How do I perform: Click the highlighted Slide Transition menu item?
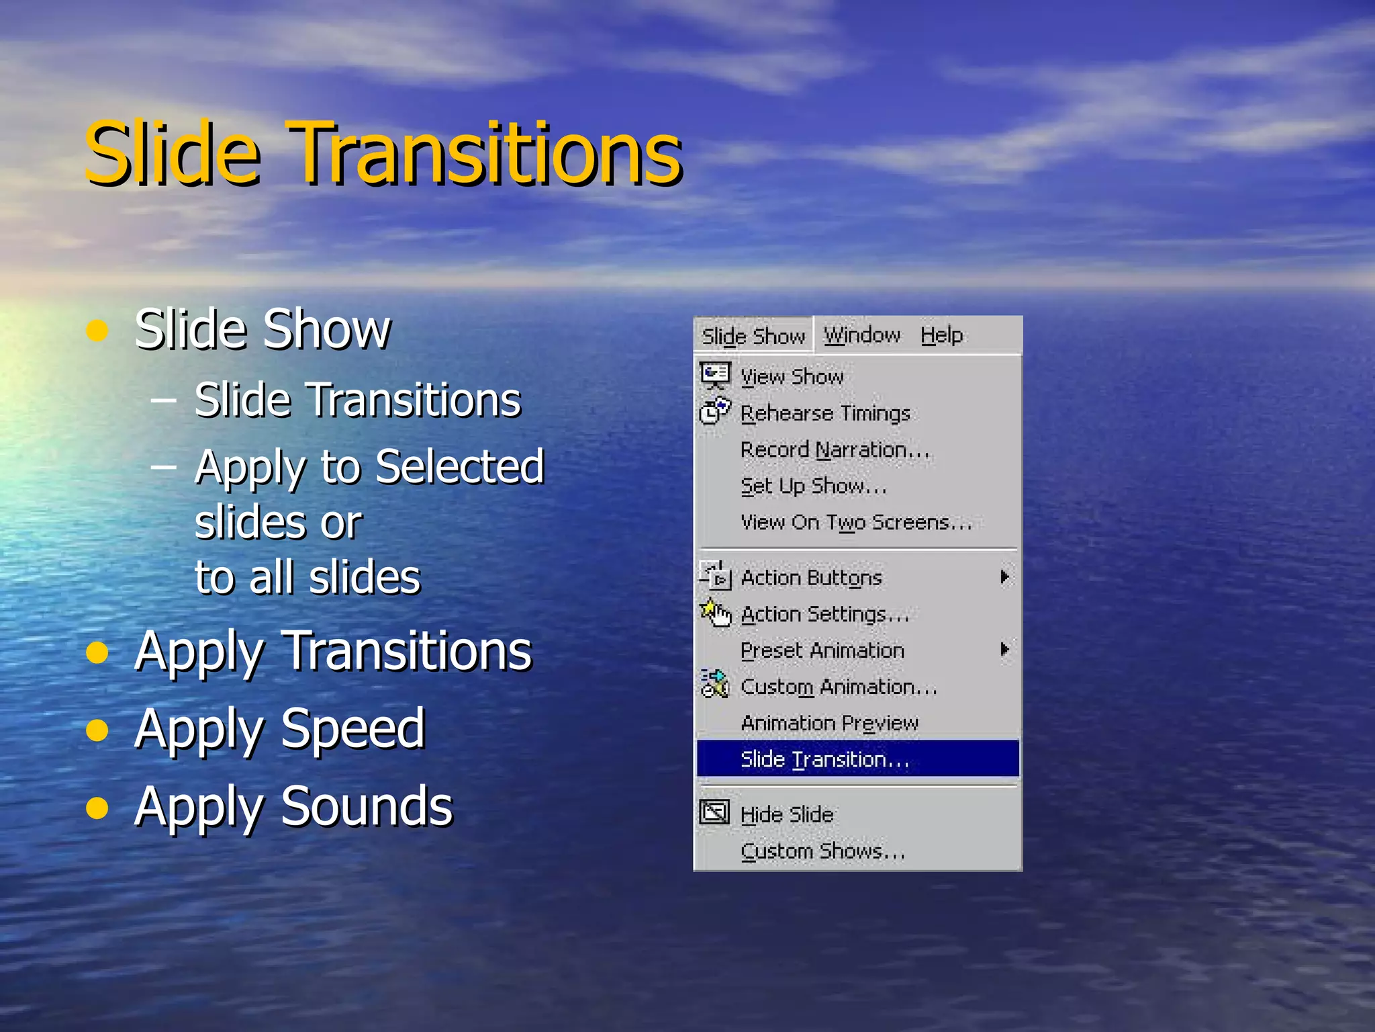[824, 759]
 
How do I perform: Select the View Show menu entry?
[792, 377]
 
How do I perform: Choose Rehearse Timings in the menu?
[825, 413]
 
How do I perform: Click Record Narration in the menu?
[835, 449]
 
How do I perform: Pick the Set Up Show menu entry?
[813, 486]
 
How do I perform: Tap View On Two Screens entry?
[856, 522]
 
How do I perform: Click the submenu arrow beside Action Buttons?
[1004, 577]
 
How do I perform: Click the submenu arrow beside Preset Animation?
[1004, 650]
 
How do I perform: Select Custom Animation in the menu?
[839, 687]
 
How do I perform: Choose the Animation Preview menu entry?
[829, 723]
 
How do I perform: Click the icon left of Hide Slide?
[714, 812]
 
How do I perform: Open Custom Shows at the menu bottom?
[822, 851]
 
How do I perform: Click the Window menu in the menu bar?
[862, 335]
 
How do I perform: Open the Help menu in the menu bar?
[941, 335]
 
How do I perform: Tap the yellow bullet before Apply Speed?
[97, 730]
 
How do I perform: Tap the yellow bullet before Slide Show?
[97, 331]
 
